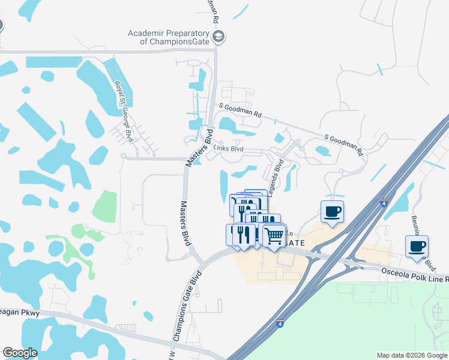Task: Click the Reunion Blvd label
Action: (420, 240)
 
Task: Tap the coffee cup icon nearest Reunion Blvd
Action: (417, 245)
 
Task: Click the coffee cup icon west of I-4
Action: (332, 211)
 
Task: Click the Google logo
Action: (20, 353)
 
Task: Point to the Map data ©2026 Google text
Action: (411, 355)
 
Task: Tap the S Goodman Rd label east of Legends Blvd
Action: (344, 145)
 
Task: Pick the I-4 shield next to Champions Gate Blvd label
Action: (280, 323)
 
